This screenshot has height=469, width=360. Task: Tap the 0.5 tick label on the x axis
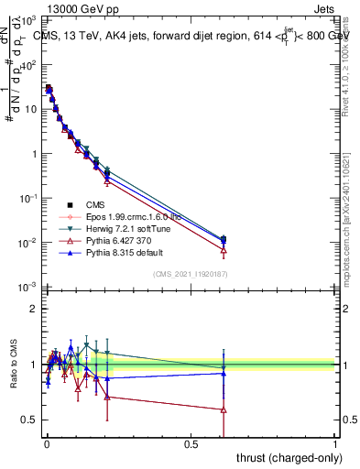[x=191, y=442]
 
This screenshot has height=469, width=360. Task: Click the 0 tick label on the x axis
[x=47, y=442]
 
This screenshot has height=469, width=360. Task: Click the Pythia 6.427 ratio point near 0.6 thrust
[x=224, y=409]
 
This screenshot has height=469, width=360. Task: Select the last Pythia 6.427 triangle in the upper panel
[x=224, y=250]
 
